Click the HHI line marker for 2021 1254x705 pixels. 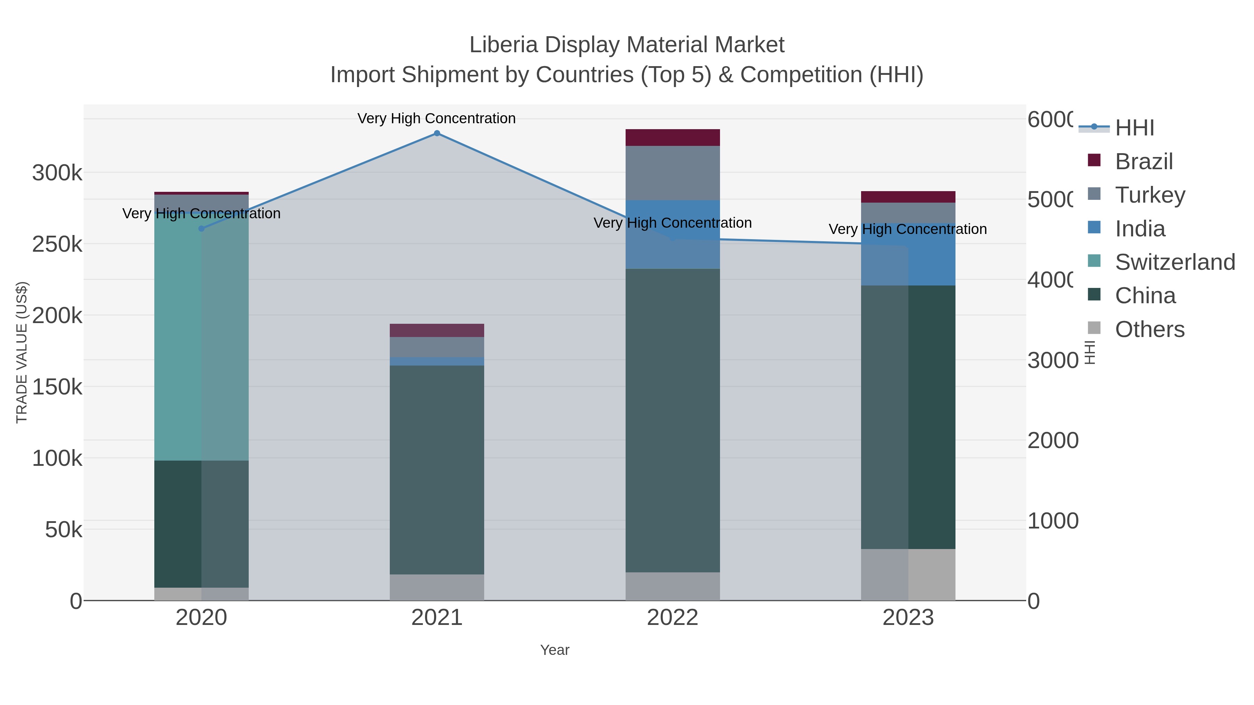click(x=437, y=133)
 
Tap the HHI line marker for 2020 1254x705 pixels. click(x=202, y=229)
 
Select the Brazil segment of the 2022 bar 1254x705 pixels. click(x=672, y=138)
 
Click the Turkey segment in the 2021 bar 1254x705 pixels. click(x=437, y=347)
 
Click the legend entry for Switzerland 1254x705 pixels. click(x=1174, y=262)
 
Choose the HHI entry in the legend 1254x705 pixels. click(x=1134, y=128)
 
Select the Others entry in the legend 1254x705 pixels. click(x=1149, y=329)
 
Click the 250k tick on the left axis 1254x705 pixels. click(x=57, y=244)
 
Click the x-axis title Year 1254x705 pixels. click(x=555, y=650)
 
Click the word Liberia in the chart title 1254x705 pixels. click(x=503, y=45)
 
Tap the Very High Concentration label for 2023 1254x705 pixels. click(x=907, y=229)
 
